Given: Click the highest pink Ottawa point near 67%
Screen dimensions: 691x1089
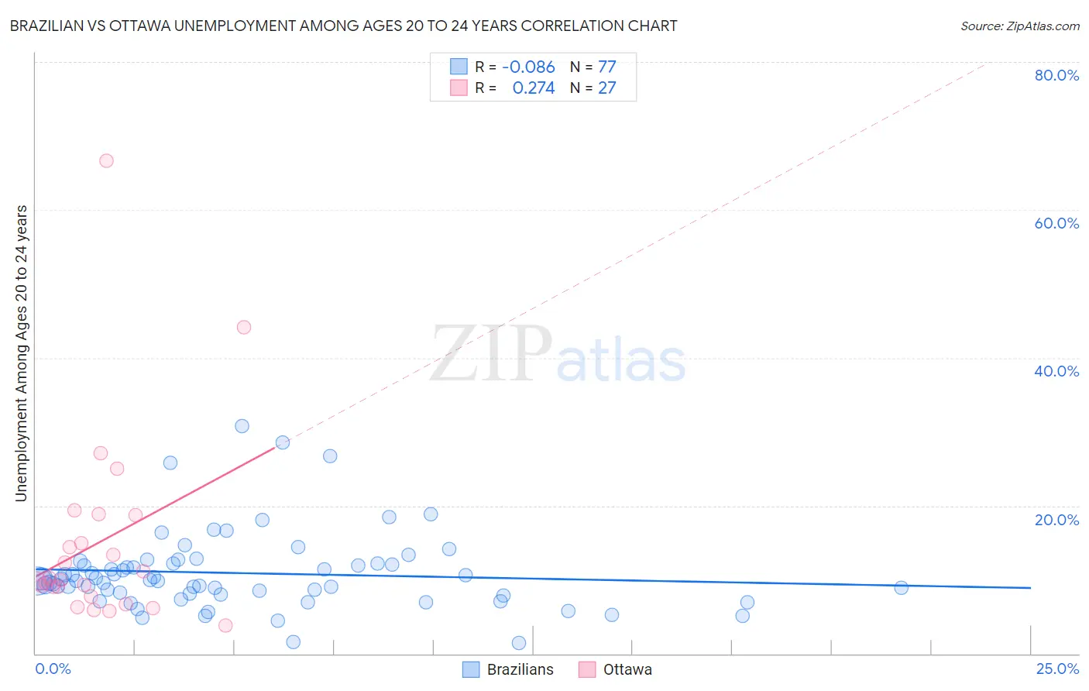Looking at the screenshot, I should point(106,160).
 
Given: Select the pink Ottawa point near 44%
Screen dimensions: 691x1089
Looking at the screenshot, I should point(244,327).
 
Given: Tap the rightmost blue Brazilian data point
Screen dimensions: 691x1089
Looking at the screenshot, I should point(901,588).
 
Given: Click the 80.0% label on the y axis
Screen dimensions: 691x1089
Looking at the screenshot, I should point(1056,75).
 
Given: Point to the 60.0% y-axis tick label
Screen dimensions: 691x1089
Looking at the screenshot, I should point(1056,223).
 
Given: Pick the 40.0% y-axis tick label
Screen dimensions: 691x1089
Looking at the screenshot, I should point(1056,371).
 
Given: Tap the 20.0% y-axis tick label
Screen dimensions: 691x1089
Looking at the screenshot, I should point(1056,520).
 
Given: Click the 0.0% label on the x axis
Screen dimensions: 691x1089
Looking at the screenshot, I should point(53,669).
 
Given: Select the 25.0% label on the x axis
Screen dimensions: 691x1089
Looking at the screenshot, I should point(1057,669).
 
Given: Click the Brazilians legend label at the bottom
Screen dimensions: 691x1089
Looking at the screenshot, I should point(520,669).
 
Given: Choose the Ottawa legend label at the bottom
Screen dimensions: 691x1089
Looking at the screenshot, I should point(627,669).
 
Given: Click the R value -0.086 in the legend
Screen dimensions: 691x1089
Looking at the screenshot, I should point(528,67).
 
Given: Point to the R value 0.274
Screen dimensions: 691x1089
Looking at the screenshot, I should point(534,88).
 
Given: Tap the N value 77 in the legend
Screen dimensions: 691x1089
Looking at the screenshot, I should point(607,67).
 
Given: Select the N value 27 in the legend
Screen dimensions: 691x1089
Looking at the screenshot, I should point(607,88).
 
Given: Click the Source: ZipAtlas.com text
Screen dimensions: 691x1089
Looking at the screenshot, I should point(1019,26).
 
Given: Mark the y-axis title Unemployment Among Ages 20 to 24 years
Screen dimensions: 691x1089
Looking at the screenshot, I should point(22,352).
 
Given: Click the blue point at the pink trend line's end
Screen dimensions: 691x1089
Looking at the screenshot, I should point(283,442).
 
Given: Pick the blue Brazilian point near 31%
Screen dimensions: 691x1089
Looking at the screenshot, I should point(242,426).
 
